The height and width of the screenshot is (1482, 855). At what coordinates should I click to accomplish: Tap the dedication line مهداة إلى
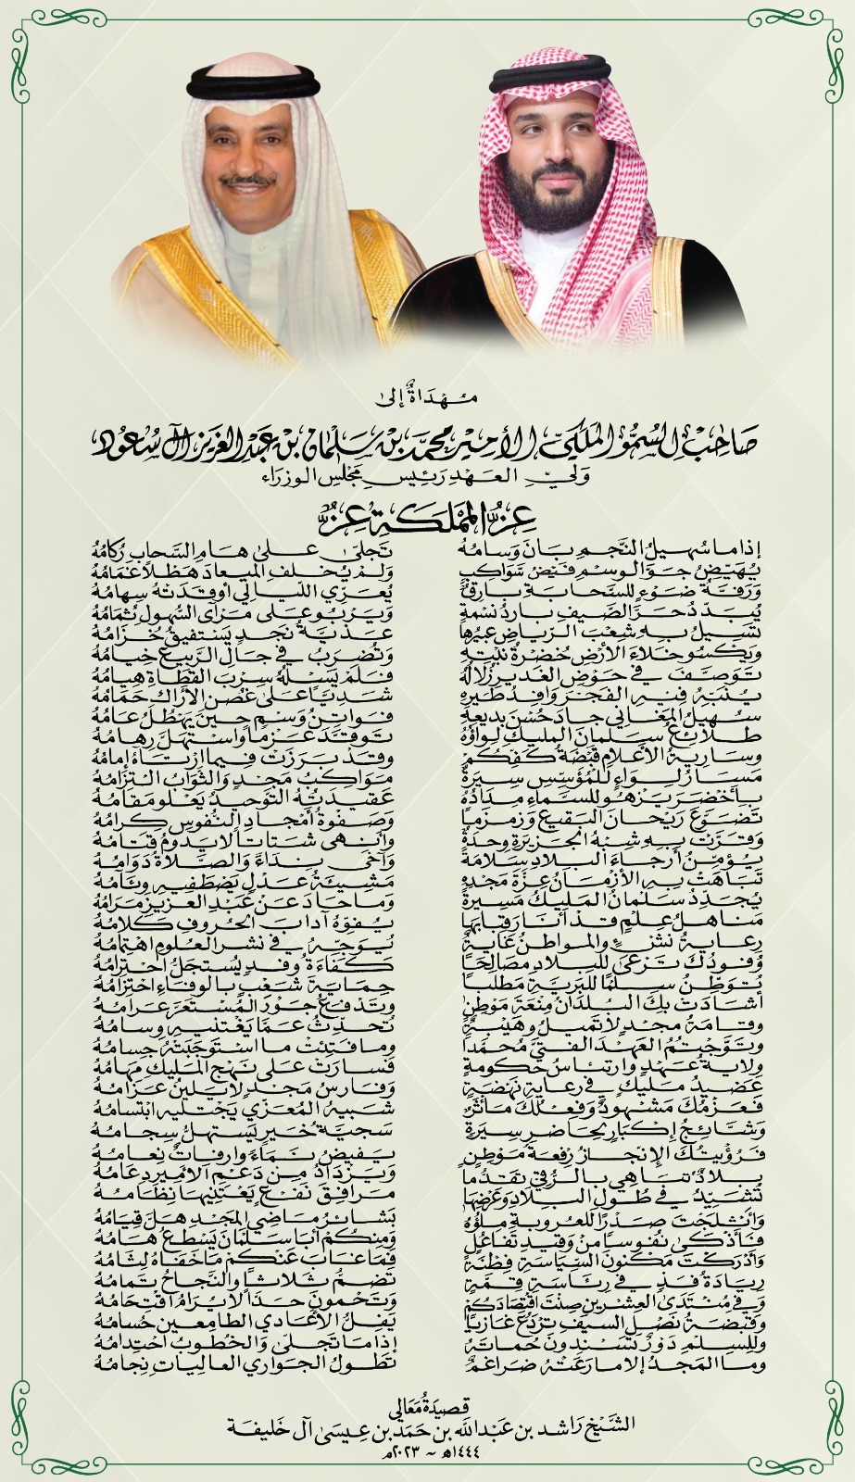click(x=428, y=400)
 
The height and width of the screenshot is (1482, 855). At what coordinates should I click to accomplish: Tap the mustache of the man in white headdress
click(x=250, y=182)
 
